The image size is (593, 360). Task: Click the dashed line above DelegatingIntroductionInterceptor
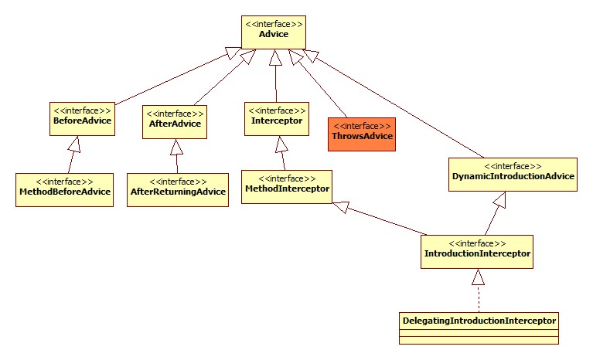pos(479,296)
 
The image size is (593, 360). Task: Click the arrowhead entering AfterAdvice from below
pos(176,146)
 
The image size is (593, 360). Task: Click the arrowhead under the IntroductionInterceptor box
pos(479,276)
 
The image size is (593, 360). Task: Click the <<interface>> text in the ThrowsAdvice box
pos(363,125)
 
